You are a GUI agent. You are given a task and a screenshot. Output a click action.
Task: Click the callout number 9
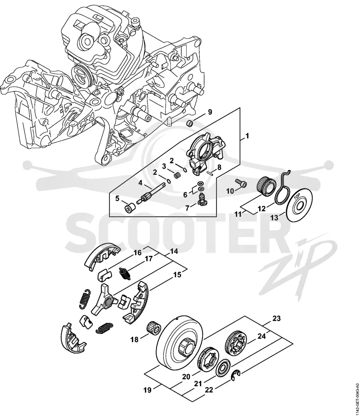[210, 112]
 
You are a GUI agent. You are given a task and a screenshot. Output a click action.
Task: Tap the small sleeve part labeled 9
[190, 124]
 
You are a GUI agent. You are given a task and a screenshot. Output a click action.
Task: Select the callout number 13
[274, 218]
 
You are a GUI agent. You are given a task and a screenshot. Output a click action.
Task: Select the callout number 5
[117, 198]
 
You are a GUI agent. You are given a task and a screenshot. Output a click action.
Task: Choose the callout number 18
[135, 340]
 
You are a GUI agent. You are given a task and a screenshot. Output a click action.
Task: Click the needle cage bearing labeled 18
[153, 327]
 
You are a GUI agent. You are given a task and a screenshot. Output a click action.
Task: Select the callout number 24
[261, 335]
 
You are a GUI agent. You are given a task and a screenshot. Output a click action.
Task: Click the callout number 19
[148, 390]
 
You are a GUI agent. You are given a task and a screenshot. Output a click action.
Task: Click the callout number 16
[138, 253]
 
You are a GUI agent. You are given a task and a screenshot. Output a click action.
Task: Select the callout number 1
[247, 136]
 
